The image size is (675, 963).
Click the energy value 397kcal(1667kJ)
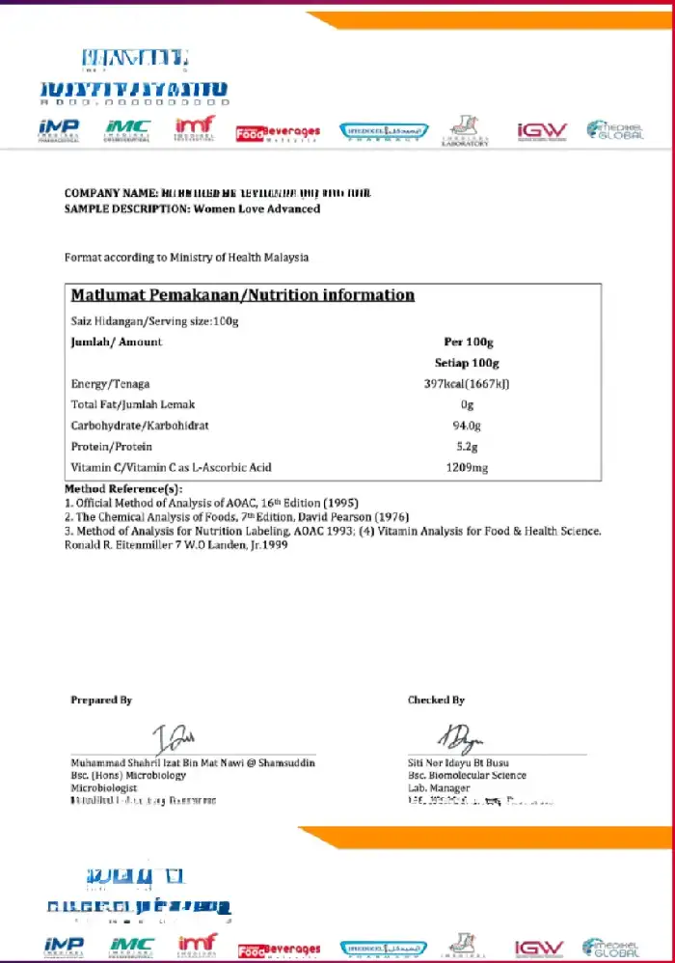coord(467,384)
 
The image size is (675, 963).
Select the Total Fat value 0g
coord(467,405)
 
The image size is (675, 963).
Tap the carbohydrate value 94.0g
coord(467,426)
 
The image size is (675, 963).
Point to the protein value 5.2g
coord(467,447)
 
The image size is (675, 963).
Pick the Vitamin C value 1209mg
coord(467,468)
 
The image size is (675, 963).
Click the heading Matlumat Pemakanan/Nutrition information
coord(243,295)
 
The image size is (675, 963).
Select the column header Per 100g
coord(467,343)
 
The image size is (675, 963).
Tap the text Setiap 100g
coord(467,363)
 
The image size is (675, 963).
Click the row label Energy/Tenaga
coord(110,384)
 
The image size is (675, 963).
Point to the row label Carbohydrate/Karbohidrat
coord(140,426)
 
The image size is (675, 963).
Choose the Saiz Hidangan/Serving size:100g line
coord(154,320)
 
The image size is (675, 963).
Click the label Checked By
coord(436,701)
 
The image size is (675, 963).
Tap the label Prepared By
coord(101,701)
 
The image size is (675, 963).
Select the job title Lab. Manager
coord(439,788)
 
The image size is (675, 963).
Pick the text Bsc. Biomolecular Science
coord(467,775)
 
